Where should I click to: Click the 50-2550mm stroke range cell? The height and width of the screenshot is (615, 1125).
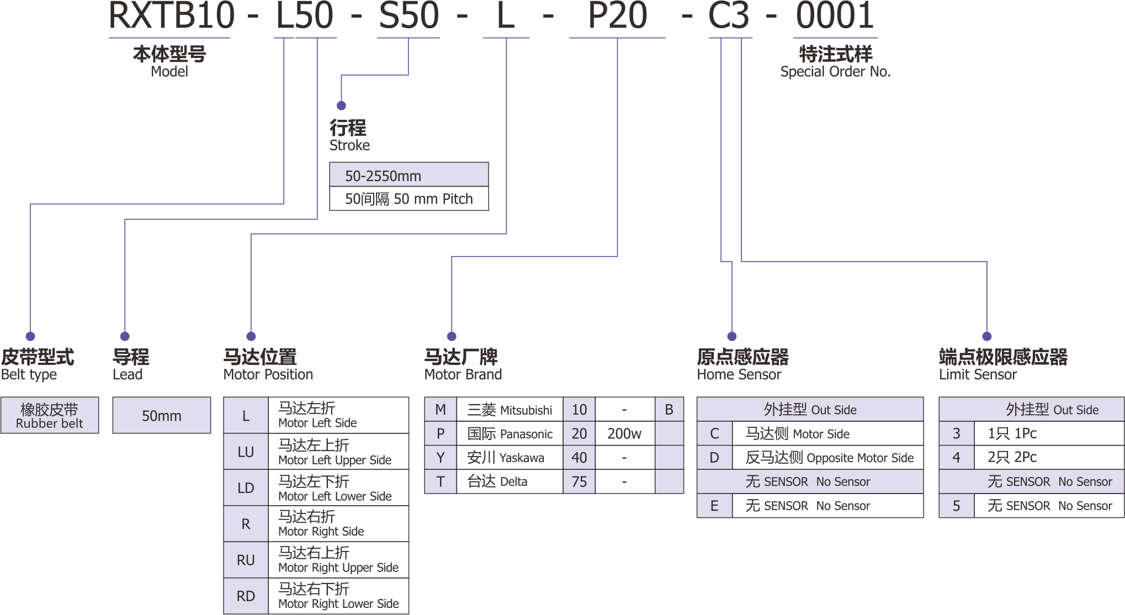click(x=408, y=176)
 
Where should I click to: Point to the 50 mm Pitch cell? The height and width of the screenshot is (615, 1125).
click(x=408, y=199)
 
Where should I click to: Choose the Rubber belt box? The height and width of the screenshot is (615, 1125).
click(x=50, y=416)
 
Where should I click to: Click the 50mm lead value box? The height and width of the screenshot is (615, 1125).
click(x=162, y=416)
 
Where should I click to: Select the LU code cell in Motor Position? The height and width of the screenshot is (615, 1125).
click(x=246, y=452)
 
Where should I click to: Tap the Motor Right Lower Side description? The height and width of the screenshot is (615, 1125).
click(x=338, y=596)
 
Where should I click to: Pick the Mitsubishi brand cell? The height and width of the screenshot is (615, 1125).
click(x=510, y=410)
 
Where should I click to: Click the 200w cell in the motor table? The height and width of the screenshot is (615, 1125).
click(x=624, y=434)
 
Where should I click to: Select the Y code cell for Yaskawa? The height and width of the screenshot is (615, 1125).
click(x=441, y=458)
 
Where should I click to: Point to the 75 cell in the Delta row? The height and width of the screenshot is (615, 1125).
click(x=579, y=481)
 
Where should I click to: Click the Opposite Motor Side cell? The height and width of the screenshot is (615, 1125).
click(x=828, y=458)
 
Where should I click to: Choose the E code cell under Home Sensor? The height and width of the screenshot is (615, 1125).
click(x=714, y=506)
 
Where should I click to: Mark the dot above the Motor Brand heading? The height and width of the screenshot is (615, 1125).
click(x=452, y=336)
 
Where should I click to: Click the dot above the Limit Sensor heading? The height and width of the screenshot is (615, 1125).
click(x=987, y=336)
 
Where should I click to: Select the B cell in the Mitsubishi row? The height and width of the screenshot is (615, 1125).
click(x=669, y=410)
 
